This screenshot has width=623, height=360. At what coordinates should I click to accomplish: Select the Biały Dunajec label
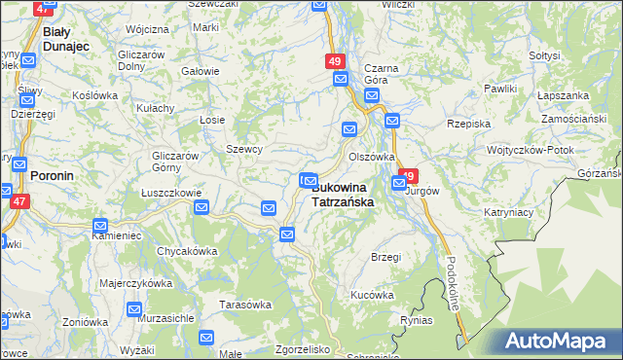coord(67,38)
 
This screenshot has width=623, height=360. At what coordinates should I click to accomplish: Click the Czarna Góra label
coord(376,74)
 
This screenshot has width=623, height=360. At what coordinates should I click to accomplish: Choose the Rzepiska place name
coord(466,124)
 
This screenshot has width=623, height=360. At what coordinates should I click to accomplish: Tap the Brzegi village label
coord(385,257)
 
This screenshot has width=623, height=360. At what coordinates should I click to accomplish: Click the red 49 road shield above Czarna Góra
coord(335,61)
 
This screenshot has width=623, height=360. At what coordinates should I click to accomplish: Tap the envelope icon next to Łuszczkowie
coord(202,206)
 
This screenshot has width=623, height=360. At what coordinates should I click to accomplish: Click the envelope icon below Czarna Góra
coord(372,96)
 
